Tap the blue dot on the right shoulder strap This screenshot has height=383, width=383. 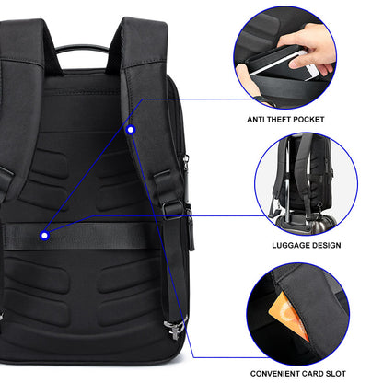tap(132, 130)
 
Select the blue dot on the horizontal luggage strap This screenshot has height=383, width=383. tap(44, 236)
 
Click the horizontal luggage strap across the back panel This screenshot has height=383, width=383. tap(101, 237)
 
